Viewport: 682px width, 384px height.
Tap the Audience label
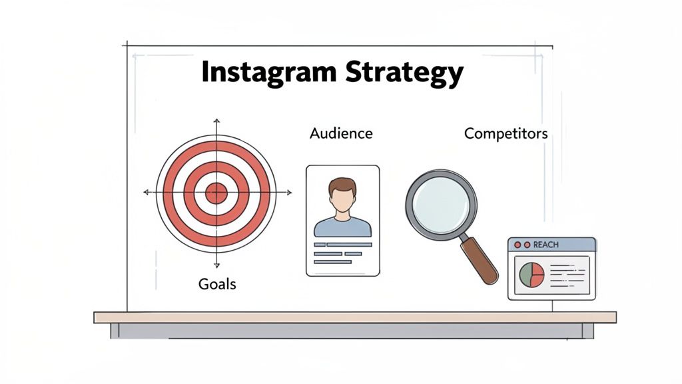tap(341, 133)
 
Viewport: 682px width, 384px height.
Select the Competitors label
tap(506, 133)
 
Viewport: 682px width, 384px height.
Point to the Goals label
tap(217, 284)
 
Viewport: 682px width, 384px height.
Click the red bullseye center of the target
tap(216, 193)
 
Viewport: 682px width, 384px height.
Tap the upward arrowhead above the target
tap(216, 121)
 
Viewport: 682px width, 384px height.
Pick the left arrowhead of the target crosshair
tap(146, 193)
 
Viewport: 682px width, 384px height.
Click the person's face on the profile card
tap(342, 199)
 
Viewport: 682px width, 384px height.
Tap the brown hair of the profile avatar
tap(342, 184)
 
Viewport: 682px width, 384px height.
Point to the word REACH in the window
tap(546, 245)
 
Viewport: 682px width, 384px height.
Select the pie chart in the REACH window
tap(531, 275)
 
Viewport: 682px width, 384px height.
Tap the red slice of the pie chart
tap(537, 275)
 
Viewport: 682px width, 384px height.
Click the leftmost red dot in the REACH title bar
tap(517, 245)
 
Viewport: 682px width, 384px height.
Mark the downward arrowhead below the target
tap(216, 265)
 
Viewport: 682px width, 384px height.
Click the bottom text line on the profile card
tap(332, 262)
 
